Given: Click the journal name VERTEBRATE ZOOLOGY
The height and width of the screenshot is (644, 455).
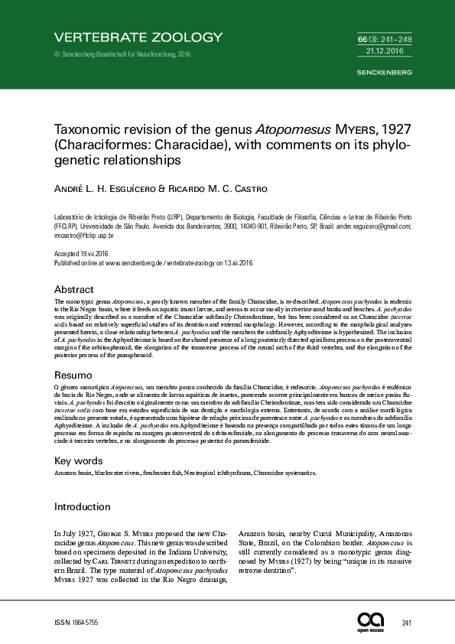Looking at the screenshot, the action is click(x=138, y=37).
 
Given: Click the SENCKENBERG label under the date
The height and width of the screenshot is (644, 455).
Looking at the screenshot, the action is click(x=385, y=73).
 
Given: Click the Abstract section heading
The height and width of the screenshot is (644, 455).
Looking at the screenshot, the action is click(x=74, y=290).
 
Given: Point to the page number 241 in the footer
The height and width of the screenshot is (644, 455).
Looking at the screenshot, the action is click(x=406, y=623).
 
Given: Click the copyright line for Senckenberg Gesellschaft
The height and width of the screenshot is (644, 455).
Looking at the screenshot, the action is click(x=123, y=54).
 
